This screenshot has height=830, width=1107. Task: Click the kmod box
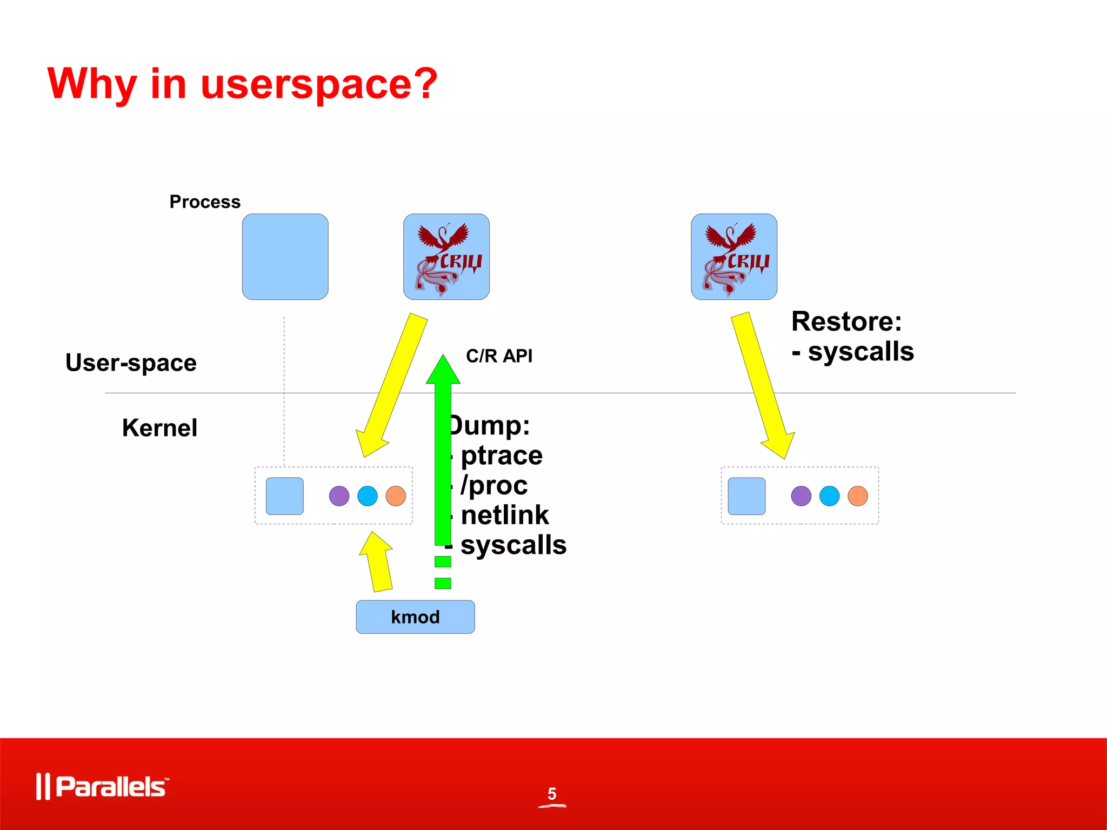[415, 617]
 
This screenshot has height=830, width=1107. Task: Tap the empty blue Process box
[285, 257]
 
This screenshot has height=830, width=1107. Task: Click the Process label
[205, 202]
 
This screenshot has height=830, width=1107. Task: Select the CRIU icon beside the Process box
[446, 257]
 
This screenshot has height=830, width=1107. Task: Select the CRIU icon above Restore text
[733, 257]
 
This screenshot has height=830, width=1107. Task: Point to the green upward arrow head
[443, 371]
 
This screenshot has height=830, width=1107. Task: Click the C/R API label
[499, 356]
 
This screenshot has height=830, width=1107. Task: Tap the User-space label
[131, 363]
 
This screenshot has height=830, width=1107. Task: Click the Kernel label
[159, 428]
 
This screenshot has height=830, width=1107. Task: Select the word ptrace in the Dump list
[501, 456]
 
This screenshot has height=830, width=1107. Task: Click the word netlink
[504, 515]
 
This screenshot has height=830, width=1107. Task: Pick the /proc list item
[494, 485]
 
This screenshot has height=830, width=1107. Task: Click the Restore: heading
[846, 322]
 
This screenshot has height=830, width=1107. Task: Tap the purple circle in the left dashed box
[339, 496]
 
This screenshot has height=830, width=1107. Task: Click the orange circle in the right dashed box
[857, 496]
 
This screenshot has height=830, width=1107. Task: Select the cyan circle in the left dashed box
[368, 496]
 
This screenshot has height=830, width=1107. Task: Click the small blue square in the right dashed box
[746, 496]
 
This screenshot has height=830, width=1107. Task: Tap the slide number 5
[552, 794]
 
